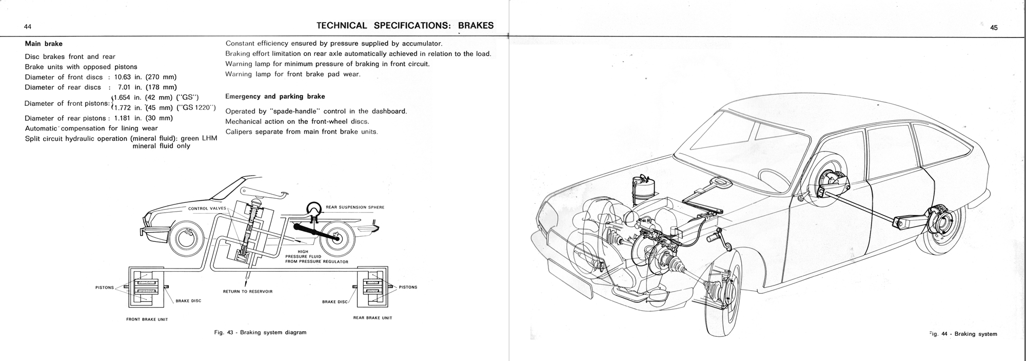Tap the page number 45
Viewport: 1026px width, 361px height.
coord(994,28)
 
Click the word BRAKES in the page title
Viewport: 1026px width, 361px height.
coord(476,26)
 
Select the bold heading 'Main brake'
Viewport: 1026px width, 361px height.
coord(44,44)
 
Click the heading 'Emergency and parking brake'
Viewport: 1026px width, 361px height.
coord(275,97)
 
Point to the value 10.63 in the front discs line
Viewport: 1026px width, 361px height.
coord(125,77)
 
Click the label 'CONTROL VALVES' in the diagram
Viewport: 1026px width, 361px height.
coord(207,208)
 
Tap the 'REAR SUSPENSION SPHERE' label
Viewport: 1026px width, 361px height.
coord(355,207)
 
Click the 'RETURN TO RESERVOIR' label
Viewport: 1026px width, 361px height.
coord(247,291)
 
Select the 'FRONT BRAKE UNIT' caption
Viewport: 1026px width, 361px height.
coord(147,319)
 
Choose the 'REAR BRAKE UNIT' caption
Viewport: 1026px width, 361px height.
coord(372,318)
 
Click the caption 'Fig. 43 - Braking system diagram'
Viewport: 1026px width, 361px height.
coord(260,332)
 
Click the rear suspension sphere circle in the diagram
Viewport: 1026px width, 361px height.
coord(313,208)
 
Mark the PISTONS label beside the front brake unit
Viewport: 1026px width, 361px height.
coord(105,288)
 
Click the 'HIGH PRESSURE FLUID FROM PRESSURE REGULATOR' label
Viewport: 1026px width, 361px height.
coord(317,257)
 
